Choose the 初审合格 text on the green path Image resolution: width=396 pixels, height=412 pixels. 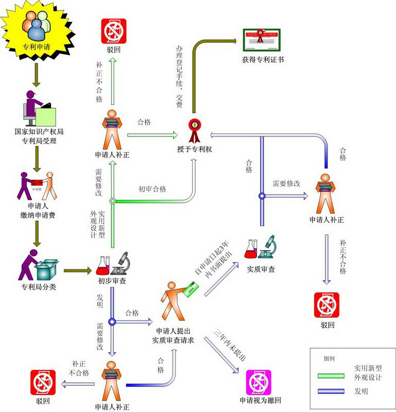tap(152, 189)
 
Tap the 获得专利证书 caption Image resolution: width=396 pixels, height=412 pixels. tap(263, 60)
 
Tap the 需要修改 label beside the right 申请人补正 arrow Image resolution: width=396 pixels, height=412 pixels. tap(286, 184)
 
